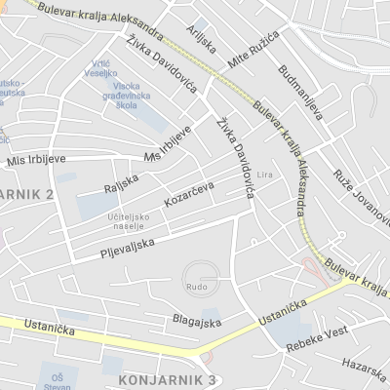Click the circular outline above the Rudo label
tap(201, 271)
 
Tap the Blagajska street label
tap(194, 319)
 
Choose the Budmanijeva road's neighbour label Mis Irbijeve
tap(28, 162)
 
